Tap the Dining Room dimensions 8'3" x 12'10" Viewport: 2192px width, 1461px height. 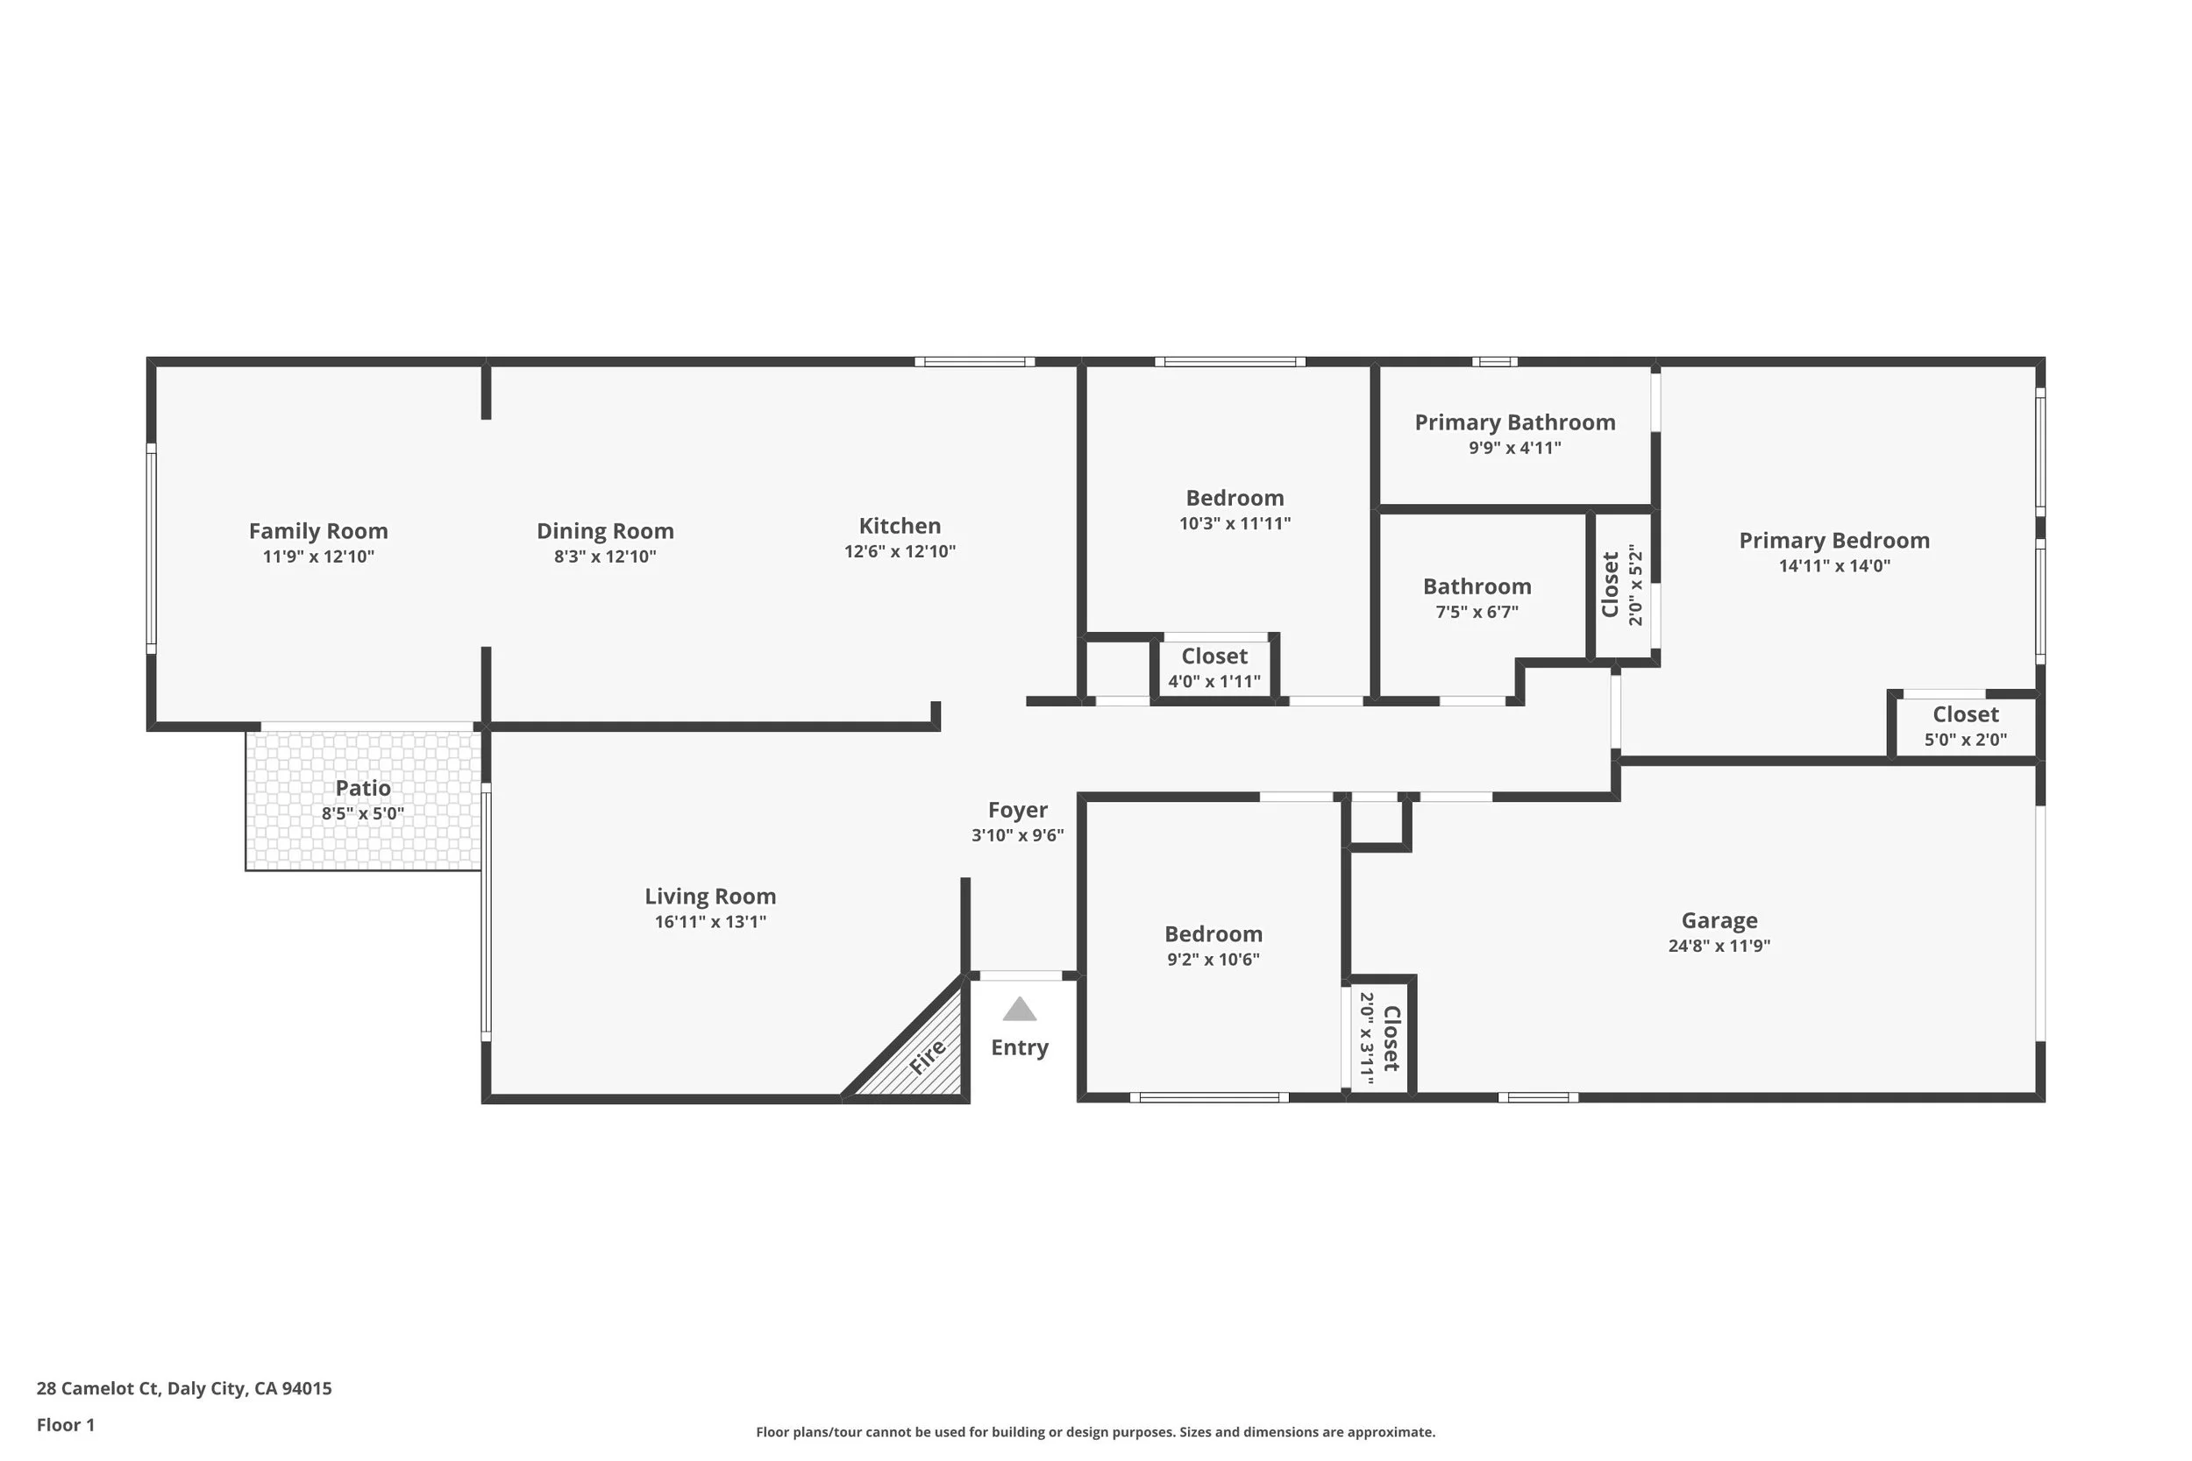coord(605,557)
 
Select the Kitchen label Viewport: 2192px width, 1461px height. coord(900,526)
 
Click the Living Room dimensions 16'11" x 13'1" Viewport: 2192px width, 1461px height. coord(710,921)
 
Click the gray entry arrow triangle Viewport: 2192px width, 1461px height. coord(1020,1009)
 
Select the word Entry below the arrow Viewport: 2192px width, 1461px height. coord(1020,1047)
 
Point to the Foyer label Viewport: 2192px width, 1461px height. coord(1018,810)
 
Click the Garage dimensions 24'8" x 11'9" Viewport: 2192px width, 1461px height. coord(1719,945)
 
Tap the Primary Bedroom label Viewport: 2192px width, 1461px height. coord(1834,541)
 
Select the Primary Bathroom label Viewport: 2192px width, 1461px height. coord(1514,422)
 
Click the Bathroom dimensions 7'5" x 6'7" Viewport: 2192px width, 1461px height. coord(1477,611)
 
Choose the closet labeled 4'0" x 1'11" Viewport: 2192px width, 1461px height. coord(1214,667)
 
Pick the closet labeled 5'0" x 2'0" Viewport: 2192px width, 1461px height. coord(1966,726)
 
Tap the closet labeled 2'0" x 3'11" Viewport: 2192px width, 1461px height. coord(1379,1037)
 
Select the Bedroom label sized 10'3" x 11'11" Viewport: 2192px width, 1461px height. coord(1234,498)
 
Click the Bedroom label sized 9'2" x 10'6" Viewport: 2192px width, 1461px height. coord(1213,933)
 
